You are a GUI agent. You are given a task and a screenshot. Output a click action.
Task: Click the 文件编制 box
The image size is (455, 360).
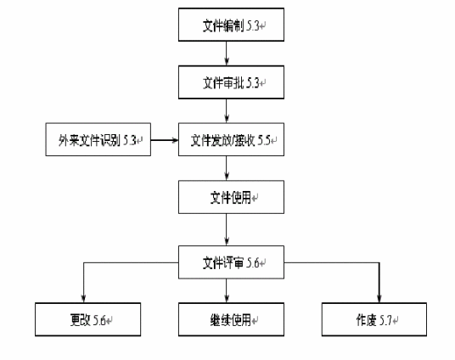pos(226,25)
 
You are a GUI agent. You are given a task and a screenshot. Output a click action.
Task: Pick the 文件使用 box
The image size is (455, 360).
pos(226,196)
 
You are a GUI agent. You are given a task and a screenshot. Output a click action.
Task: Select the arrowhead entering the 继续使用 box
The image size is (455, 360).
pos(226,298)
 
